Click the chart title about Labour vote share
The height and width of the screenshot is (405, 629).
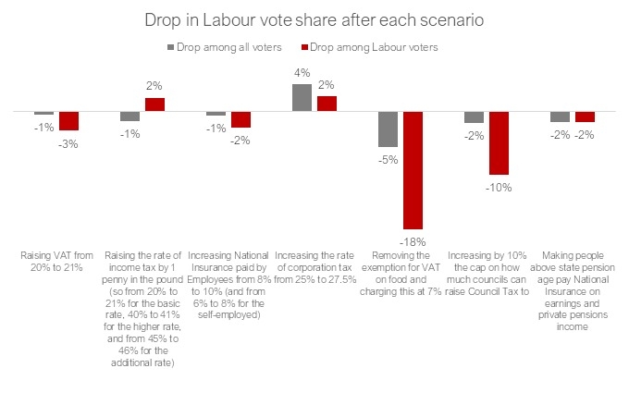point(314,19)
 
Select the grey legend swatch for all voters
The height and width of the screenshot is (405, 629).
point(171,44)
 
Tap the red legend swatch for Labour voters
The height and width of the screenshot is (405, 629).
point(304,44)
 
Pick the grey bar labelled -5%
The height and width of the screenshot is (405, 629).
point(388,129)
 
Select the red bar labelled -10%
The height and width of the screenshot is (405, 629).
point(499,142)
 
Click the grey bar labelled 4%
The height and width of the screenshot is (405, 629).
point(302,97)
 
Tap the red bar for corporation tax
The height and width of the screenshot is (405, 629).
point(327,103)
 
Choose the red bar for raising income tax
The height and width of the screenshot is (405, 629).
point(154,104)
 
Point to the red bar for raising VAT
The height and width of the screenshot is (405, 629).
point(68,120)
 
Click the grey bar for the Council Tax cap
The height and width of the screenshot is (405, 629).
point(475,117)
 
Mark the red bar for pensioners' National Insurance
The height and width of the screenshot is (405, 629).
point(586,117)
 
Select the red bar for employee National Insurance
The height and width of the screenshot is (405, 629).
point(240,118)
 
